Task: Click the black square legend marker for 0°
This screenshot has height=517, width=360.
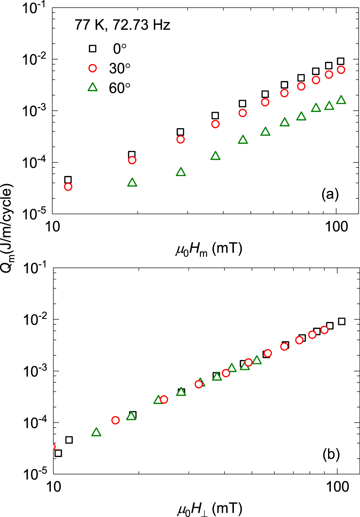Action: [x=92, y=48]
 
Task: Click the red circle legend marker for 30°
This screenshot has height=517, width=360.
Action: [x=92, y=68]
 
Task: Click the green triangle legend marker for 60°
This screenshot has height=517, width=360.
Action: [x=92, y=87]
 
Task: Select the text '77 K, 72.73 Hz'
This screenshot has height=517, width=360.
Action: [x=122, y=25]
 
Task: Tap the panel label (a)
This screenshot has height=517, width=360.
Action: [x=330, y=194]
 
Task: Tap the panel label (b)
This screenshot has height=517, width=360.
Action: [x=331, y=454]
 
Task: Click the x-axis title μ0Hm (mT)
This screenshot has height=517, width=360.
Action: [x=209, y=249]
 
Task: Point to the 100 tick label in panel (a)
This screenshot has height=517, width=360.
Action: [x=336, y=227]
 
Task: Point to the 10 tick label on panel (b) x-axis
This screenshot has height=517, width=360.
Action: [x=53, y=487]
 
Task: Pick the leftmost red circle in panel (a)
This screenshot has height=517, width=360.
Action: [x=68, y=187]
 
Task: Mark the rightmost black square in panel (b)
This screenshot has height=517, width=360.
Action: [x=341, y=321]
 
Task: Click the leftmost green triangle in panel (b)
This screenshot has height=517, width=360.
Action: [x=96, y=432]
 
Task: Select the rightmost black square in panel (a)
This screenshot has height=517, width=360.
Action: [x=340, y=61]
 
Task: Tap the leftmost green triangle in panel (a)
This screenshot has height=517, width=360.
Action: [x=132, y=183]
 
